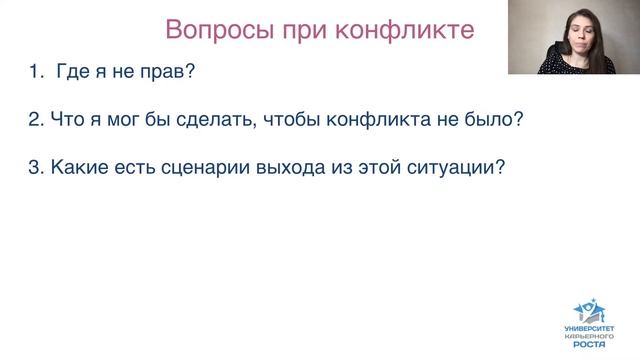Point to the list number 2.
(35, 120)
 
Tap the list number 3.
(35, 168)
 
